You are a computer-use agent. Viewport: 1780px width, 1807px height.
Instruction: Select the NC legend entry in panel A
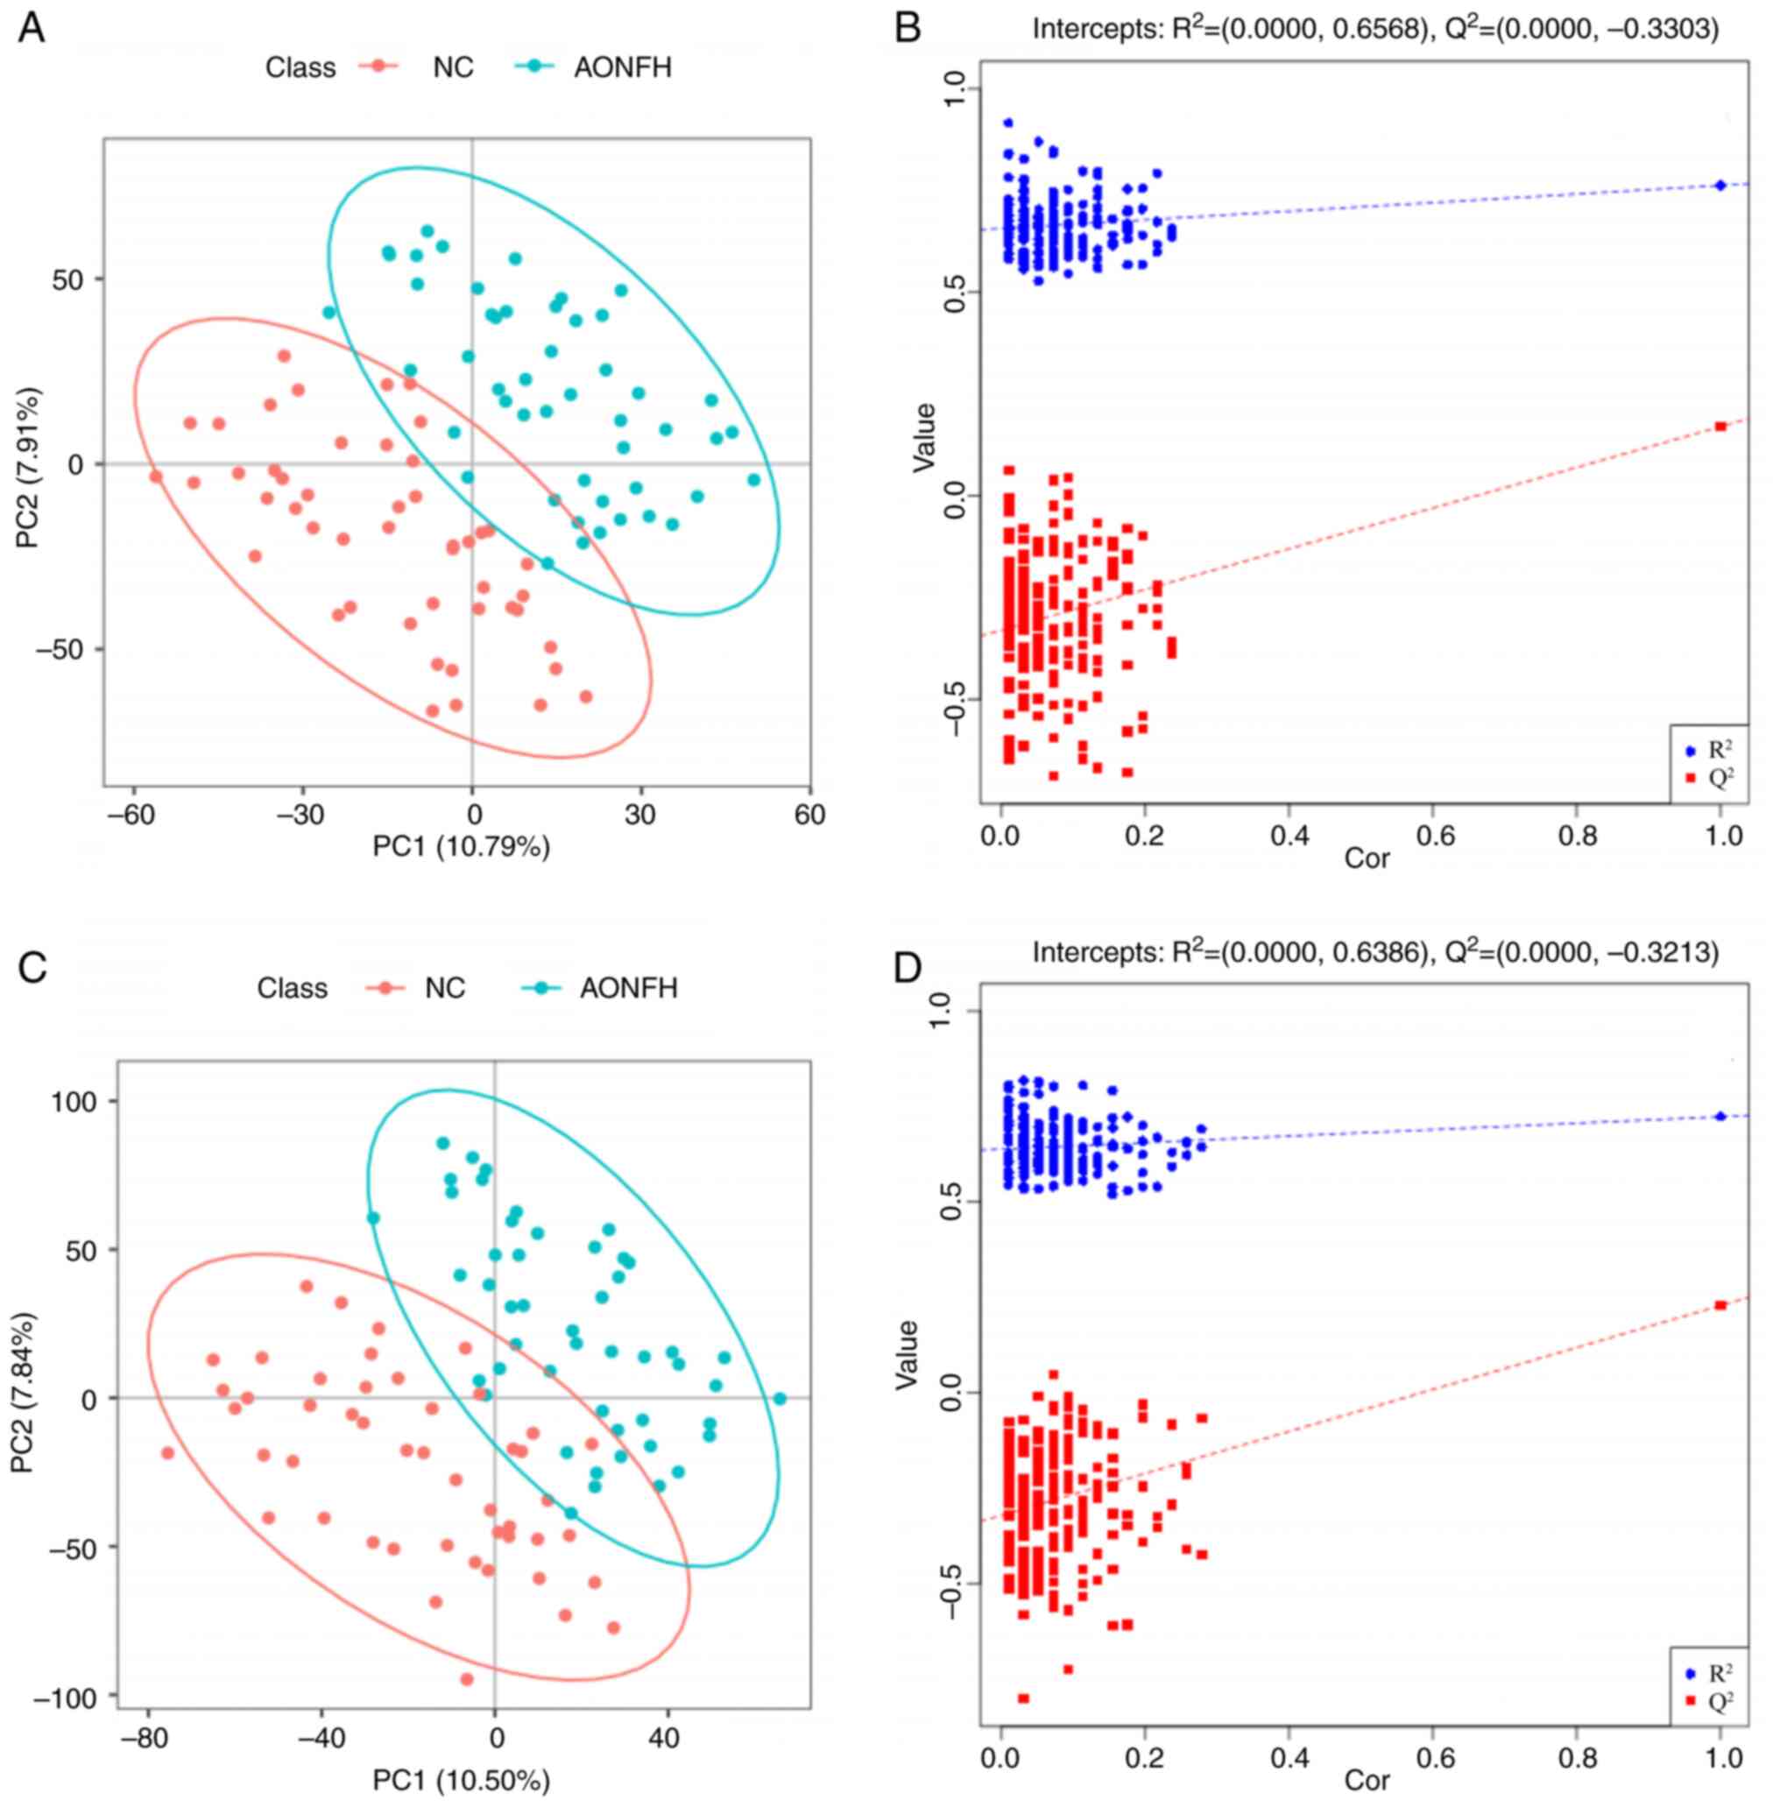(x=453, y=67)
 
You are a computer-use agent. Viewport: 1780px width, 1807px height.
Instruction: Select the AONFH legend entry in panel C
(x=628, y=988)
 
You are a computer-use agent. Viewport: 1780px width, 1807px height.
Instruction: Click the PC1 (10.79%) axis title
(x=461, y=846)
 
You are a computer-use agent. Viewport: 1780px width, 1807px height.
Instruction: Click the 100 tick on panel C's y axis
(x=74, y=1101)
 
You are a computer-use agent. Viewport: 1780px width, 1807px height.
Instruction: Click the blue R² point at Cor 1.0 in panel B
(x=1720, y=185)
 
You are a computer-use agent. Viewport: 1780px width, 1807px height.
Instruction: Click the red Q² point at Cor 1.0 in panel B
(x=1720, y=427)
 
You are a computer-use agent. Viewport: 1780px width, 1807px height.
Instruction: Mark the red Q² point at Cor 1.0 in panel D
(x=1720, y=1305)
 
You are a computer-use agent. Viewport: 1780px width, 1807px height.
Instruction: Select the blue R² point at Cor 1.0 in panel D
(x=1720, y=1116)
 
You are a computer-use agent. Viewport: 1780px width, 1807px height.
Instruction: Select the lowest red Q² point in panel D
(x=1023, y=1698)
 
